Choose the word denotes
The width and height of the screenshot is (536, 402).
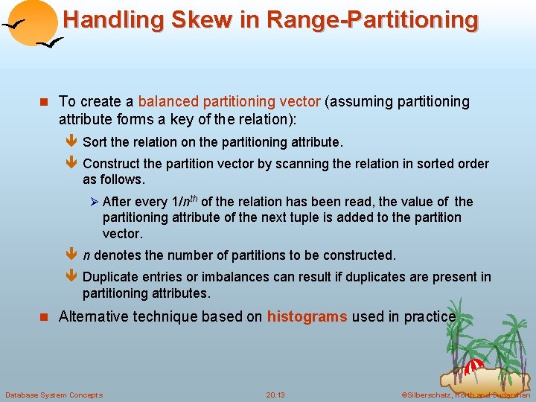119,255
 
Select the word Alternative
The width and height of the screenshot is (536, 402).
93,316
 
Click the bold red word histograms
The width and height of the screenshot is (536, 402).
307,316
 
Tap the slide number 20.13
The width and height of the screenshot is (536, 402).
275,395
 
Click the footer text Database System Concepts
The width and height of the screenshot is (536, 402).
54,395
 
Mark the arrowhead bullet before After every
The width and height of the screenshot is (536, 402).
94,202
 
